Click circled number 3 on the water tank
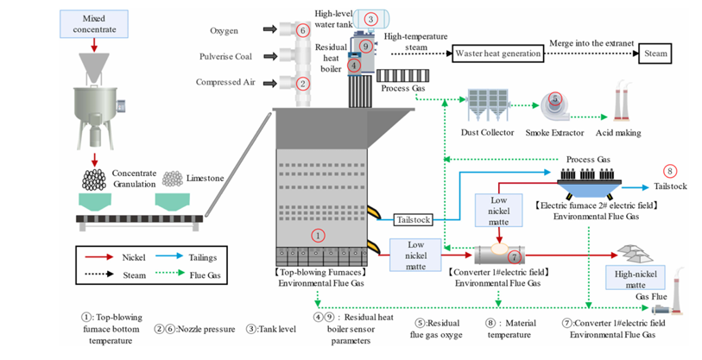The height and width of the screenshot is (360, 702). pos(370,18)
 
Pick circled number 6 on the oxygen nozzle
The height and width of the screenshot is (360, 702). pos(302,31)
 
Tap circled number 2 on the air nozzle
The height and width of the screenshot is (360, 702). pos(302,84)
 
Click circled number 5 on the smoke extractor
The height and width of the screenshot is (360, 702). pos(555,99)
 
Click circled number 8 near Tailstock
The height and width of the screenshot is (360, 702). pos(669,172)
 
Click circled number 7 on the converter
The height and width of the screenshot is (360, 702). pos(514,256)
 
